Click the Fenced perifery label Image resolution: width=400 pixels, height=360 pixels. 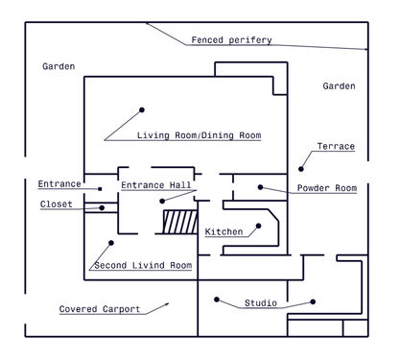point(231,40)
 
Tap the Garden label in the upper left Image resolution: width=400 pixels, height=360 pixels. point(59,66)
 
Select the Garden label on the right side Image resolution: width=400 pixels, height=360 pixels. point(339,86)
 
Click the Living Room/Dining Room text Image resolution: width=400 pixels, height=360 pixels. point(199,135)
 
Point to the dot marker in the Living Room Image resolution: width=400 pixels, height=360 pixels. point(142,109)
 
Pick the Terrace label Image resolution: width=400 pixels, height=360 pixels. point(336,146)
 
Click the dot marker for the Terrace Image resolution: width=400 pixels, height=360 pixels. point(301,169)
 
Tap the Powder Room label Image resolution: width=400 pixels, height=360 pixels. point(327,188)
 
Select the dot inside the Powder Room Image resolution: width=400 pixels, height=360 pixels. point(260,187)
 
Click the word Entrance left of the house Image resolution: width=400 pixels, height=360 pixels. point(59,184)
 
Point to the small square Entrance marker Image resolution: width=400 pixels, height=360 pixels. point(100,189)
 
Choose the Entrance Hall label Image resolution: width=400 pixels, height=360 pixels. point(155,185)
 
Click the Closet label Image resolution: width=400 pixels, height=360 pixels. point(57,204)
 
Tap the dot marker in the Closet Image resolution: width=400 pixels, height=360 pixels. point(102,207)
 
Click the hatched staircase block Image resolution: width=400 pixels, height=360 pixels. point(180,222)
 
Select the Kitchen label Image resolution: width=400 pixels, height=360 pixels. point(224,231)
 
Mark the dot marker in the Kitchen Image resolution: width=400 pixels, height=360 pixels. point(258,226)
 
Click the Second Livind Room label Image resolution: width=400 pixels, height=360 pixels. point(143,265)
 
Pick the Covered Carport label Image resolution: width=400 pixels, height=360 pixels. point(100,309)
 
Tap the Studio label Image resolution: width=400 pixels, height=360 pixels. point(261,302)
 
